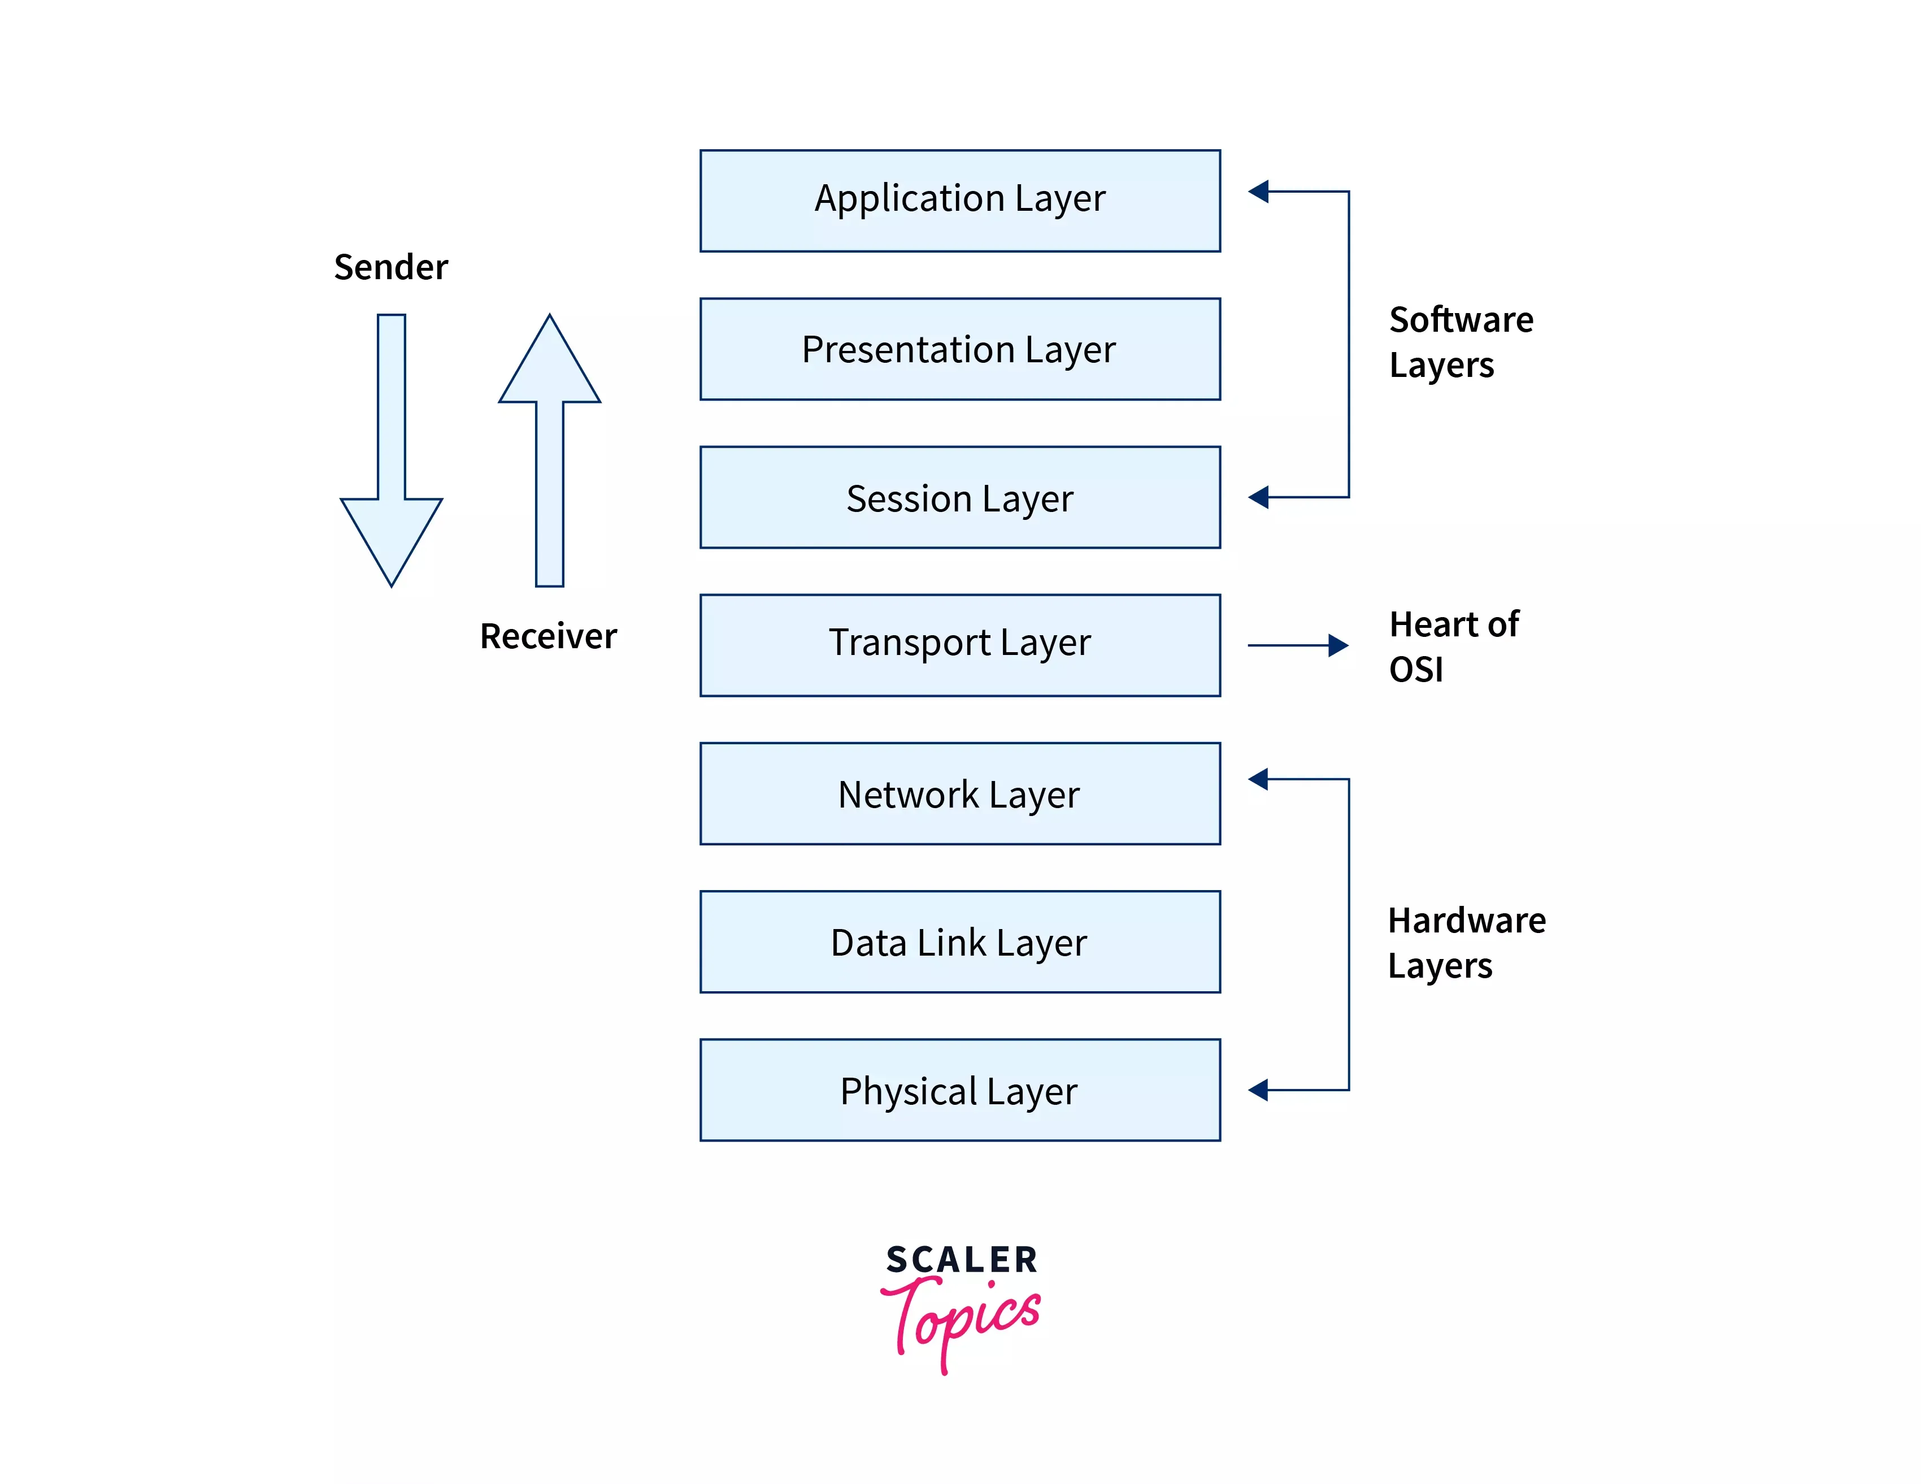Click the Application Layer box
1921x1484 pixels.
[x=959, y=201]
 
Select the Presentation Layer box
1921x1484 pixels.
[x=959, y=349]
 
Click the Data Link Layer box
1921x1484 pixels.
[x=959, y=941]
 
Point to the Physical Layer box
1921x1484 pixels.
[x=959, y=1090]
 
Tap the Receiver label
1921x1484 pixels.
[x=548, y=636]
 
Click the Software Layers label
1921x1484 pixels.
[x=1460, y=341]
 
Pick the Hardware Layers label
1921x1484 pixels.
[x=1466, y=942]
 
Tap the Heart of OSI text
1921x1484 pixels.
[x=1453, y=646]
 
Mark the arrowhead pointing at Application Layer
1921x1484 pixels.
[x=1259, y=191]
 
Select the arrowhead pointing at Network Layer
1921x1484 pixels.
[x=1259, y=779]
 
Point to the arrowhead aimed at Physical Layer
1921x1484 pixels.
[x=1259, y=1090]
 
